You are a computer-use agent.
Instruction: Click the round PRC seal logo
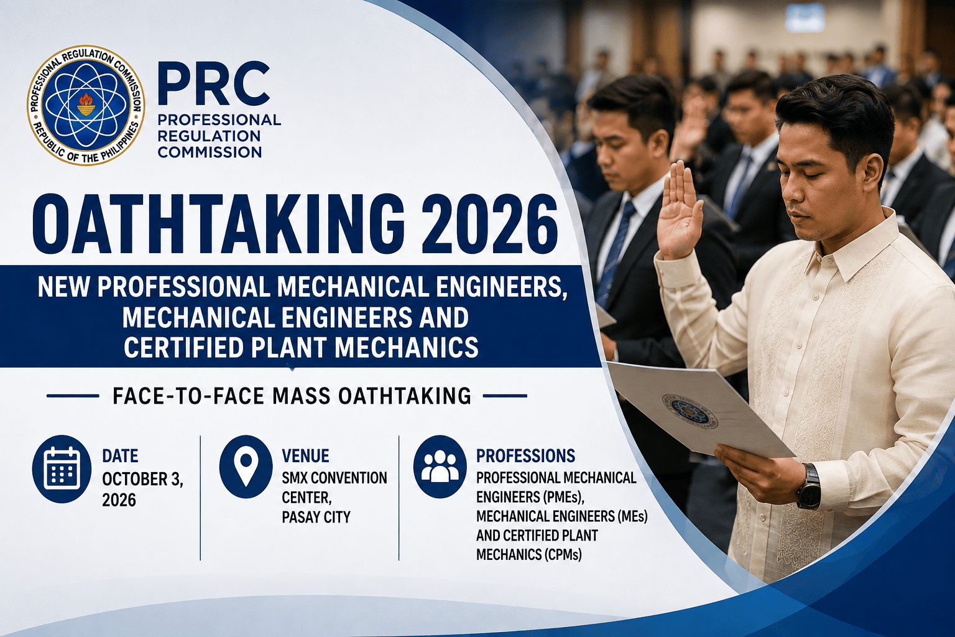pyautogui.click(x=86, y=105)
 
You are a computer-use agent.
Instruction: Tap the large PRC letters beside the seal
pyautogui.click(x=214, y=84)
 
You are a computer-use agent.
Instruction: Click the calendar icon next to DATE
pyautogui.click(x=62, y=468)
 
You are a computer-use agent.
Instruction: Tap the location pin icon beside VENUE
pyautogui.click(x=246, y=467)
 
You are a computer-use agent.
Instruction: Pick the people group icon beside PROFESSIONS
pyautogui.click(x=440, y=467)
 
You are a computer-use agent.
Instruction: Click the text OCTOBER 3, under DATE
pyautogui.click(x=142, y=479)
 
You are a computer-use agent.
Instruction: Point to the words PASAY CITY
pyautogui.click(x=316, y=517)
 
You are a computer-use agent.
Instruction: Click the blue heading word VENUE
pyautogui.click(x=305, y=456)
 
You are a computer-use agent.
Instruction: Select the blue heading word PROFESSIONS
pyautogui.click(x=525, y=456)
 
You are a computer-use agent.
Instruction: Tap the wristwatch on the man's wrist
pyautogui.click(x=808, y=486)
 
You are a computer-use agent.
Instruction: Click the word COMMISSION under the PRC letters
pyautogui.click(x=210, y=152)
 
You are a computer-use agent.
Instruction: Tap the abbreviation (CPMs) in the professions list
pyautogui.click(x=563, y=554)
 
